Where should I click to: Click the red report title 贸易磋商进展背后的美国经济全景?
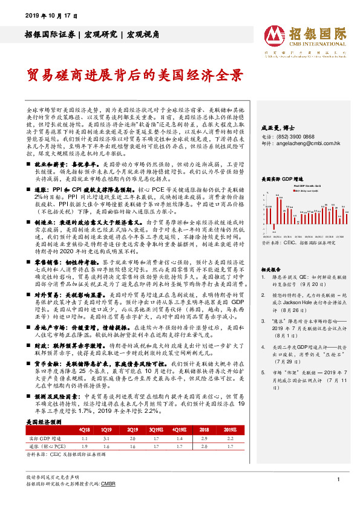[x=134, y=76]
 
